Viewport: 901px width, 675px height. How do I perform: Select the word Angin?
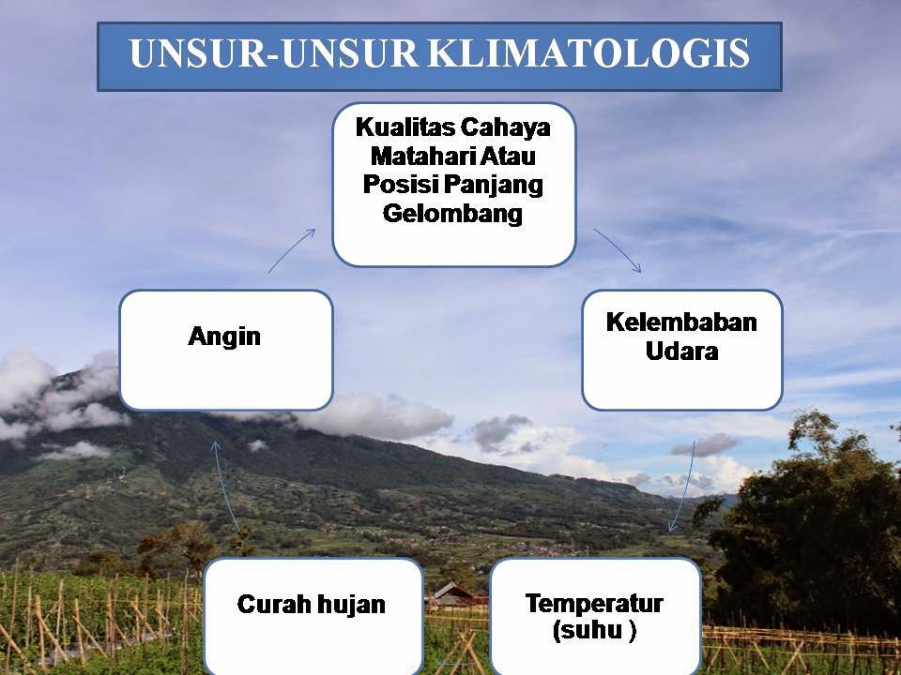coord(224,337)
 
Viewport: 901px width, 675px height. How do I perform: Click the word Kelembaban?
coord(681,322)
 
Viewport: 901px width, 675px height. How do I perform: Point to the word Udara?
coord(682,351)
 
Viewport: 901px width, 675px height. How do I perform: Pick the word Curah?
coord(271,604)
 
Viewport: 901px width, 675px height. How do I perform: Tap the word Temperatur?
coord(594,604)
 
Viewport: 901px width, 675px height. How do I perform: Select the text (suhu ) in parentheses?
coord(594,630)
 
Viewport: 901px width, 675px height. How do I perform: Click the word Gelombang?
coord(452,214)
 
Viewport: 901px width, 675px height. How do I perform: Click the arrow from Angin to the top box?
coord(291,250)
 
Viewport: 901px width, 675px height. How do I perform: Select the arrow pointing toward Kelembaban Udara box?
coord(618,249)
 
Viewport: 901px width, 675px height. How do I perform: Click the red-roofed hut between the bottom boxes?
coord(453,594)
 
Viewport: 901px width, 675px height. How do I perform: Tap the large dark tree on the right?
coord(804,533)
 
